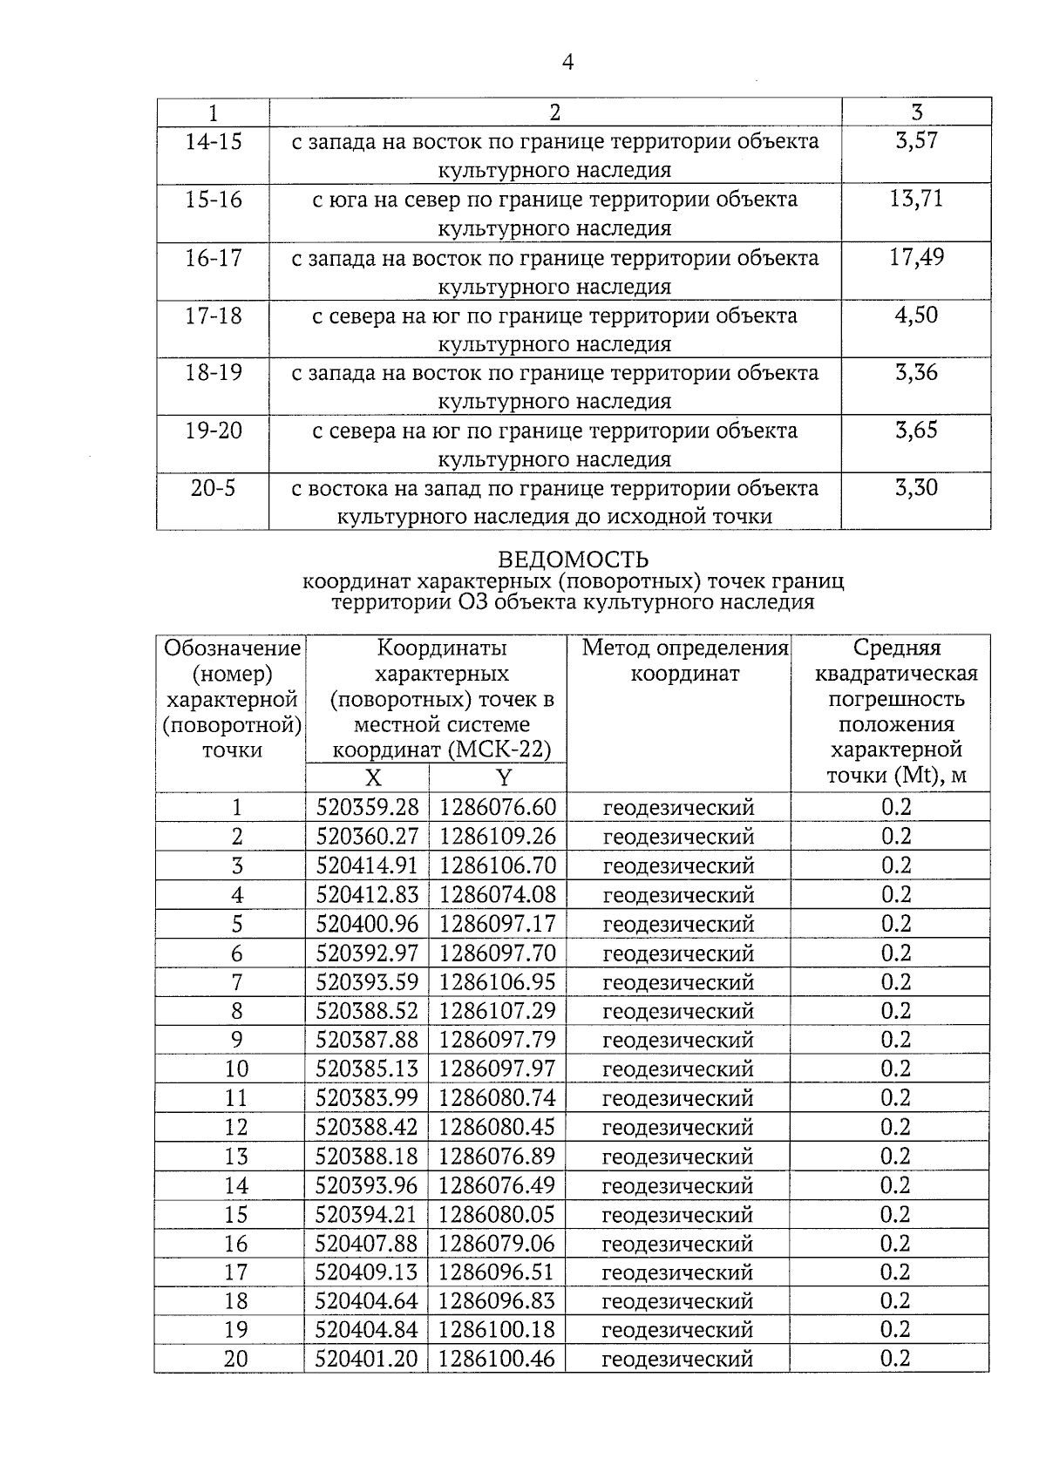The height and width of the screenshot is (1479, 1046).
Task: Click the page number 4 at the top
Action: (x=567, y=63)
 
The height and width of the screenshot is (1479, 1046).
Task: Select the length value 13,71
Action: (x=916, y=199)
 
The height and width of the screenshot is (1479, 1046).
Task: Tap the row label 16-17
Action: (x=214, y=258)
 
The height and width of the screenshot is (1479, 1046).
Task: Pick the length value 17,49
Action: (x=916, y=257)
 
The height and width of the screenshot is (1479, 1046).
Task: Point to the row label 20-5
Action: (x=214, y=488)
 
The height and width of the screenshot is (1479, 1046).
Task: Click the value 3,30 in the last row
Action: (x=916, y=488)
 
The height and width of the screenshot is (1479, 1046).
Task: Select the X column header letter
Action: (x=372, y=777)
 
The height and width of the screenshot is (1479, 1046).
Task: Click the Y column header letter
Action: (x=503, y=777)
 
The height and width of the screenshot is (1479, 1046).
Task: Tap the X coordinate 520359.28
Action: (x=367, y=807)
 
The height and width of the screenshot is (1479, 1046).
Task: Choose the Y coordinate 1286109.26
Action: (x=497, y=837)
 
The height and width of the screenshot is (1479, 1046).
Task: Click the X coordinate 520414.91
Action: (x=367, y=865)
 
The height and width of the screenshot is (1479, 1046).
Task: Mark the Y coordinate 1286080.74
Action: (x=497, y=1098)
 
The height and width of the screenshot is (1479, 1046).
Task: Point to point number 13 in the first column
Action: (x=236, y=1157)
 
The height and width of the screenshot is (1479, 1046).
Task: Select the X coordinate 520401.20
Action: (x=367, y=1359)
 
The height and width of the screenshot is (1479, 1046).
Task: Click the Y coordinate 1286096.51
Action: (x=497, y=1272)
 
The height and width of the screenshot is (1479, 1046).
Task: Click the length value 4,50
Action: (x=916, y=315)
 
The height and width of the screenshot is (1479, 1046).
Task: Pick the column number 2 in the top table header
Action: (x=555, y=112)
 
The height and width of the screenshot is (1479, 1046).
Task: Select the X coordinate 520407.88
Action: (x=367, y=1244)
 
